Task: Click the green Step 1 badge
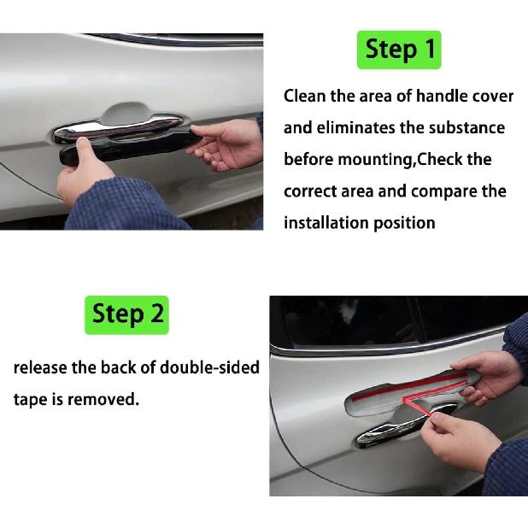tap(399, 50)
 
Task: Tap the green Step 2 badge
tap(127, 314)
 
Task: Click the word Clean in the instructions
tap(304, 96)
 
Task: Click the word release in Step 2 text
tap(39, 368)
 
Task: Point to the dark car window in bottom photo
tap(350, 322)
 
